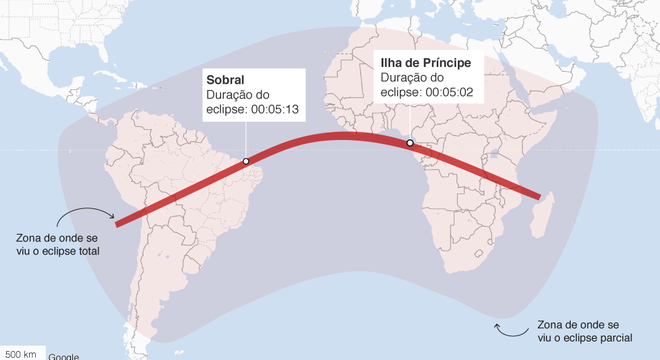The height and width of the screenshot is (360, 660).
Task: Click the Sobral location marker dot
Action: point(245,160)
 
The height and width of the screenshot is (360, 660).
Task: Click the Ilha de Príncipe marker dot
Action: point(410,144)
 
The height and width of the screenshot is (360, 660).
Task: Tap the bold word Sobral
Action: point(225,79)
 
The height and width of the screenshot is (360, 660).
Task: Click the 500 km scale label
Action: point(22,353)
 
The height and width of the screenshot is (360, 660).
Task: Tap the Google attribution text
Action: point(63,355)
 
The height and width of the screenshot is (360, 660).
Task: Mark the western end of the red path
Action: point(118,223)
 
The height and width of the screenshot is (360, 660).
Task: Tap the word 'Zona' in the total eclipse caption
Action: point(31,238)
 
